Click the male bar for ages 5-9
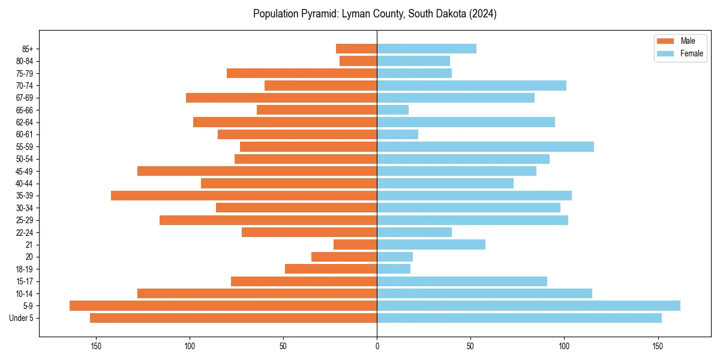(223, 305)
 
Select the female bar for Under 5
(519, 318)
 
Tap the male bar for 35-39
(244, 196)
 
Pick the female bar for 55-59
(485, 146)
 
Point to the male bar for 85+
(356, 49)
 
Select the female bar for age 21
(431, 244)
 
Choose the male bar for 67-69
(281, 98)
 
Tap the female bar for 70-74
(472, 85)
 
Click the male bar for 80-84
(358, 61)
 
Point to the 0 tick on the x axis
(377, 346)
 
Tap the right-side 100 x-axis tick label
(564, 346)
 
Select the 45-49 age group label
(25, 171)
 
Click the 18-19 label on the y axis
(25, 269)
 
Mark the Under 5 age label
(22, 318)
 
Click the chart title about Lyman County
(374, 13)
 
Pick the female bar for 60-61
(397, 134)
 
